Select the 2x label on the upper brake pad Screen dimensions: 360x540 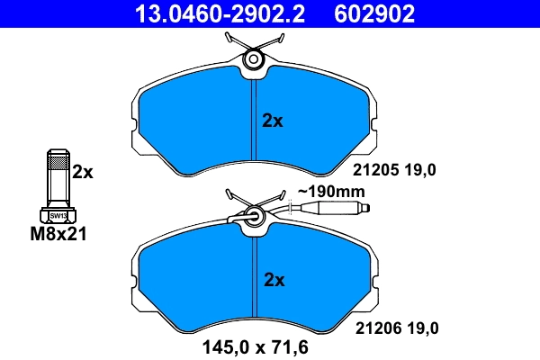(x=272, y=121)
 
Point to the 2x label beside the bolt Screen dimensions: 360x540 (x=83, y=172)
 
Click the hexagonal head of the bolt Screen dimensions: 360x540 (x=57, y=215)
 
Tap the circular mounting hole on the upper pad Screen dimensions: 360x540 (x=254, y=59)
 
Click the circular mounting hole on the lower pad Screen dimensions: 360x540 (x=254, y=216)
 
